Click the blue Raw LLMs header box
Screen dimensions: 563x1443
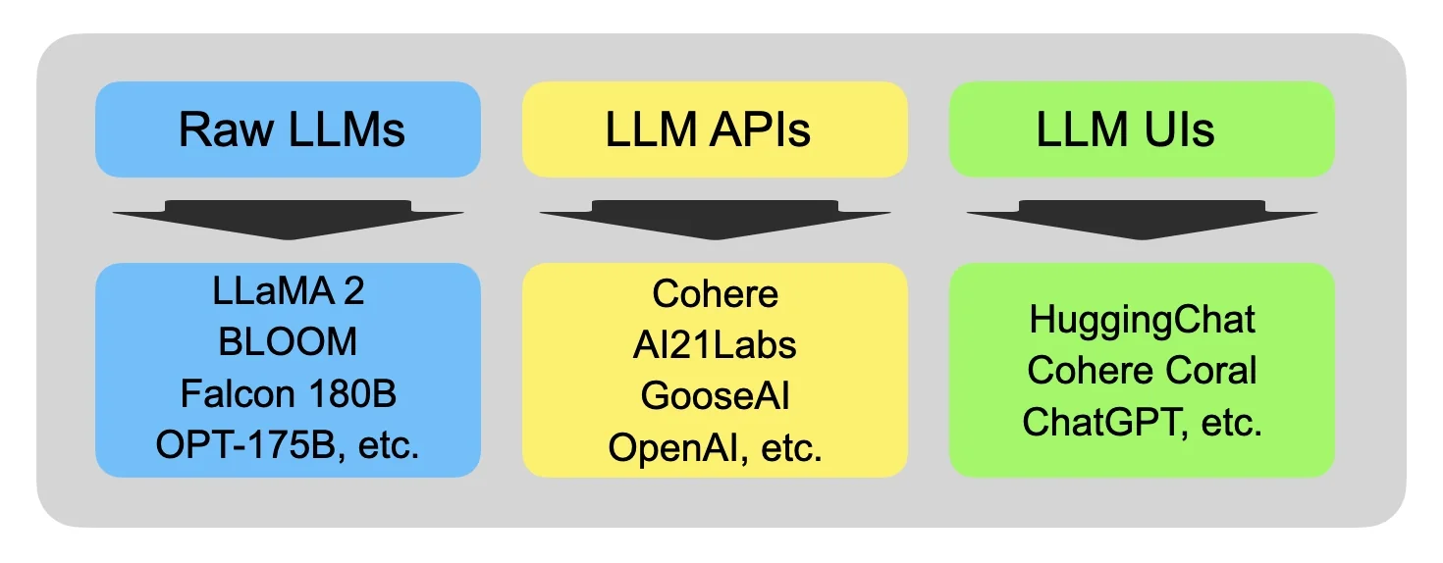tap(288, 129)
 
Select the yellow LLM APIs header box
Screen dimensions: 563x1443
tap(715, 129)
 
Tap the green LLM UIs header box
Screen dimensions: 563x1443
tap(1142, 129)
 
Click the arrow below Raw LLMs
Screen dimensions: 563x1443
tap(288, 219)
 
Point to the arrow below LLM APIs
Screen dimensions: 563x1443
tap(715, 219)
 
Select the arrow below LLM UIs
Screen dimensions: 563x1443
tap(1142, 219)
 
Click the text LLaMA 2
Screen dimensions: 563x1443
tap(288, 292)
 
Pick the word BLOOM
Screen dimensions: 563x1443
tap(288, 342)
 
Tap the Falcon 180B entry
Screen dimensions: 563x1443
tap(288, 393)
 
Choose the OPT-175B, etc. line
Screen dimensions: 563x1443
tap(288, 445)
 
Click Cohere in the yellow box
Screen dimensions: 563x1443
tap(715, 293)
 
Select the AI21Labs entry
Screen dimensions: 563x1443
tap(715, 344)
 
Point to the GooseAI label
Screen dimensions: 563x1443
tap(715, 396)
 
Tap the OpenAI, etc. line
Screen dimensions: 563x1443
tap(715, 448)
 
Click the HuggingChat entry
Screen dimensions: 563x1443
tap(1142, 319)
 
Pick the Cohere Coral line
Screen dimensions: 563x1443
tap(1142, 371)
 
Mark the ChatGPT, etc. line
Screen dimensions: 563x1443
tap(1142, 422)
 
